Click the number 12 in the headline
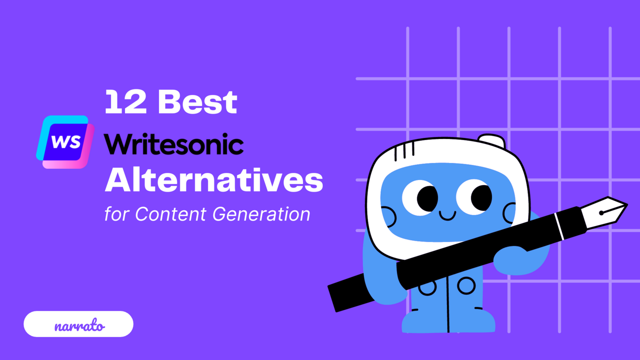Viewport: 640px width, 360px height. click(126, 102)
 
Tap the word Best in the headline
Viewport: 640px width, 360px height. click(198, 102)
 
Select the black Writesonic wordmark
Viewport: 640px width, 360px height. click(174, 144)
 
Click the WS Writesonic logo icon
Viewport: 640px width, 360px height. click(66, 142)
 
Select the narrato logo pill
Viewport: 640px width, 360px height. click(78, 324)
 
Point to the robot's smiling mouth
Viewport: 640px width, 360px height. click(447, 216)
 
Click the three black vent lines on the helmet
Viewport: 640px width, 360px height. click(404, 151)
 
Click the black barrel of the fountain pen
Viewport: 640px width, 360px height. click(450, 265)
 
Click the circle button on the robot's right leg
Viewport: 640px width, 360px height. click(466, 285)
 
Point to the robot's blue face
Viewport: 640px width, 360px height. click(446, 225)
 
